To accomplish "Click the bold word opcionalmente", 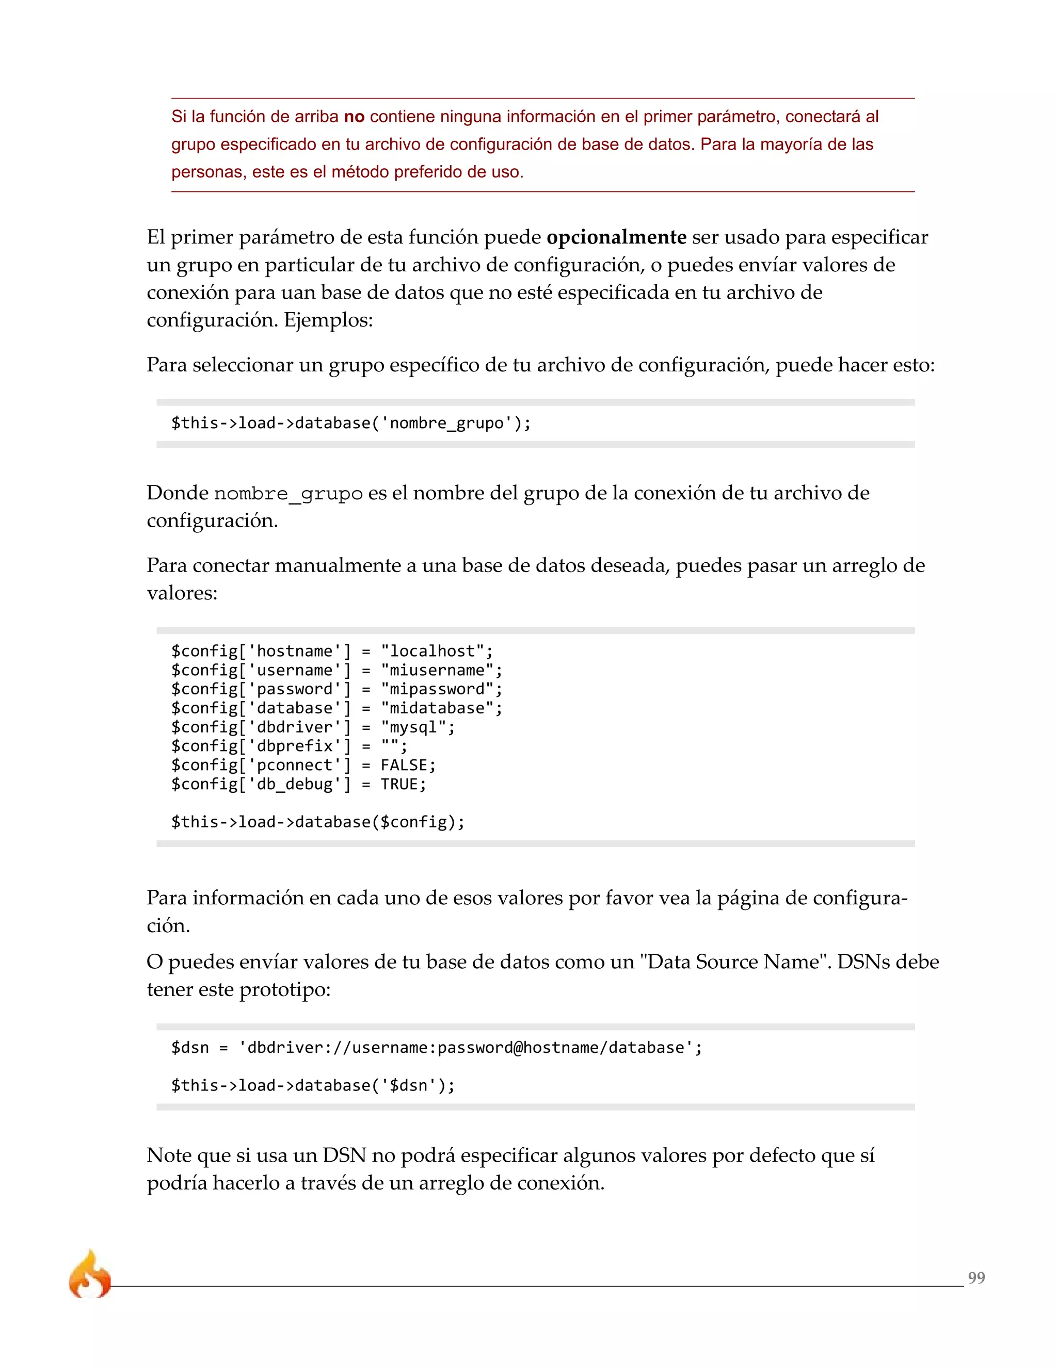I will pos(616,237).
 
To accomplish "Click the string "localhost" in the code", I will pos(432,651).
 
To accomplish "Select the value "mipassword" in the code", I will pos(437,689).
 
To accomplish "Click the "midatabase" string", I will pos(437,708).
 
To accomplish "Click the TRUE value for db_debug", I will pos(399,784).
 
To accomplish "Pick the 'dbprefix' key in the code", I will pos(294,746).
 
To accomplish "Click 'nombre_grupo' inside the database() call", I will pos(446,423).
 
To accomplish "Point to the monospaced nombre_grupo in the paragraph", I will pos(288,494).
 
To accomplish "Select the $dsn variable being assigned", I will pos(190,1048).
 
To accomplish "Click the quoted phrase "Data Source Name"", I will pos(734,962).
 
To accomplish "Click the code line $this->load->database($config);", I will pos(318,822).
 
